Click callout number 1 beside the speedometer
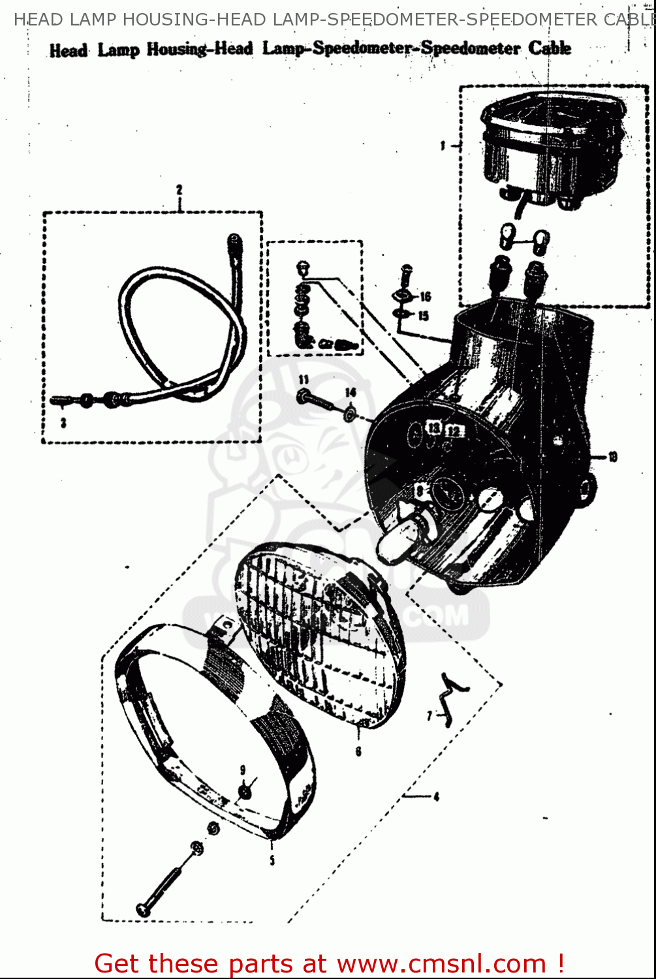(443, 146)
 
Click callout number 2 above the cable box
(179, 190)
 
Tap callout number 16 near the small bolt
(426, 297)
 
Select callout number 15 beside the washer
(424, 316)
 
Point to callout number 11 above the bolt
(304, 380)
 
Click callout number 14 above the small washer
(351, 392)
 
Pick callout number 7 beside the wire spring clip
(430, 716)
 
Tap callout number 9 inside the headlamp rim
(243, 770)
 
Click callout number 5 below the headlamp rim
(272, 860)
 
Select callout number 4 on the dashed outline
(436, 796)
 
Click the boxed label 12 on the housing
(454, 430)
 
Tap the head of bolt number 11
(304, 396)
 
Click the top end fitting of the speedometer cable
(234, 242)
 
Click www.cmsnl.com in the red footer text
(441, 964)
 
